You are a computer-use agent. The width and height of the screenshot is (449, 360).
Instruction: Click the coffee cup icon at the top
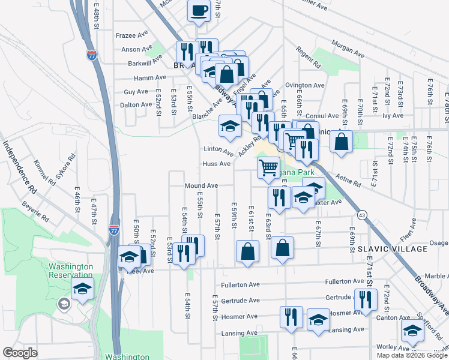(199, 10)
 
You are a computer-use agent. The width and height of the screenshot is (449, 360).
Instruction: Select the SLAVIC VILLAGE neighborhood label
(393, 248)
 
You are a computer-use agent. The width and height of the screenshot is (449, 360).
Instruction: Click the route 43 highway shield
(361, 214)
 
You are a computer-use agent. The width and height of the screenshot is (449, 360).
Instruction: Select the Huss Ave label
(217, 164)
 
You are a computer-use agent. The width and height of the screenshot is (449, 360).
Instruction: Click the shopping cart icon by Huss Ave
(268, 167)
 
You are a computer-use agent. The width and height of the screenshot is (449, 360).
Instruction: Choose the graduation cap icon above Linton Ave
(229, 126)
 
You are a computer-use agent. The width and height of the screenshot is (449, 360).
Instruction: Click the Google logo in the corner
(20, 353)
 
